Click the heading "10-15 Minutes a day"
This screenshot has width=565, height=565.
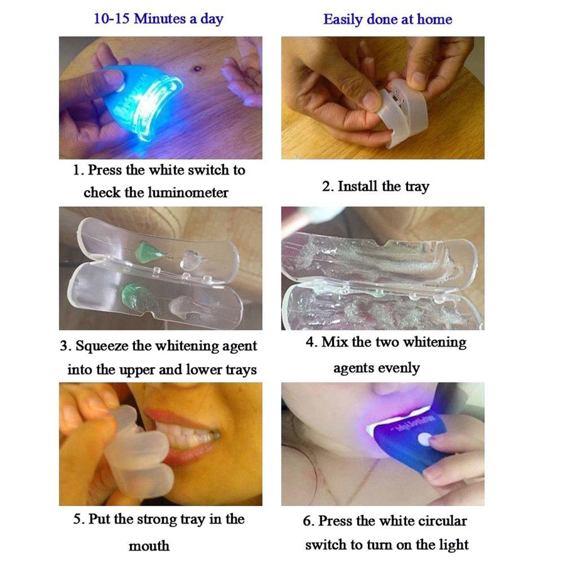coord(158,19)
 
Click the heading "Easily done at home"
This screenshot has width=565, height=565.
coord(388,20)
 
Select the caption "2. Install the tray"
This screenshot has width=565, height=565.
coord(375,186)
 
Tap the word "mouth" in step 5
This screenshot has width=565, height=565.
coord(149,546)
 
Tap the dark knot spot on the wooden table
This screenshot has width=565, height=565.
coord(198,69)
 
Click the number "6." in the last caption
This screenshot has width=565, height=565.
coord(308,521)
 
